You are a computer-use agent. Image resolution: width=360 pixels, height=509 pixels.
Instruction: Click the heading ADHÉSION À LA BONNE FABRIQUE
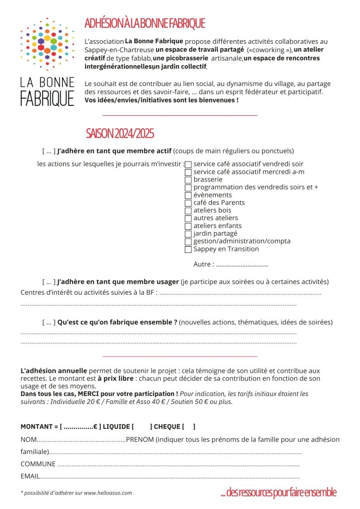click(x=145, y=23)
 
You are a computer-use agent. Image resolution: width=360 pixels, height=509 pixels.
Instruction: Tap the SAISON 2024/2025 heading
click(x=120, y=133)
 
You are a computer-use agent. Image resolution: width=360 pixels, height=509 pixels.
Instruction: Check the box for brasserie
click(x=188, y=180)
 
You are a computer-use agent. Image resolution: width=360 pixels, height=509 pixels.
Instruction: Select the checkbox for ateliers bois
click(x=188, y=211)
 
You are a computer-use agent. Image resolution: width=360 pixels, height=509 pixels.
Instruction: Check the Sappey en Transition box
click(x=188, y=250)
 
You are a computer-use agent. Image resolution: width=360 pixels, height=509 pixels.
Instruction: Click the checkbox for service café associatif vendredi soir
click(x=188, y=165)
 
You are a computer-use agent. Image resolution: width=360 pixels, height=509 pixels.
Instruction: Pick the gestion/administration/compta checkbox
click(x=188, y=242)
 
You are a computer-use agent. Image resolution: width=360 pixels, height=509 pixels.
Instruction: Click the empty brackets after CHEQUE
click(x=189, y=426)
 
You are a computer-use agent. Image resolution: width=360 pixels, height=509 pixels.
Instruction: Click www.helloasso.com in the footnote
click(x=107, y=493)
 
